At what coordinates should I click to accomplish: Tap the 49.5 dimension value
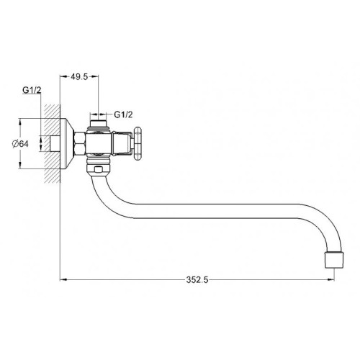[x=79, y=76]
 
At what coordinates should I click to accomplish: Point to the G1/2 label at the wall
[x=30, y=91]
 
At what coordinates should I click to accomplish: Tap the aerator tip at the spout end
[x=333, y=258]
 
